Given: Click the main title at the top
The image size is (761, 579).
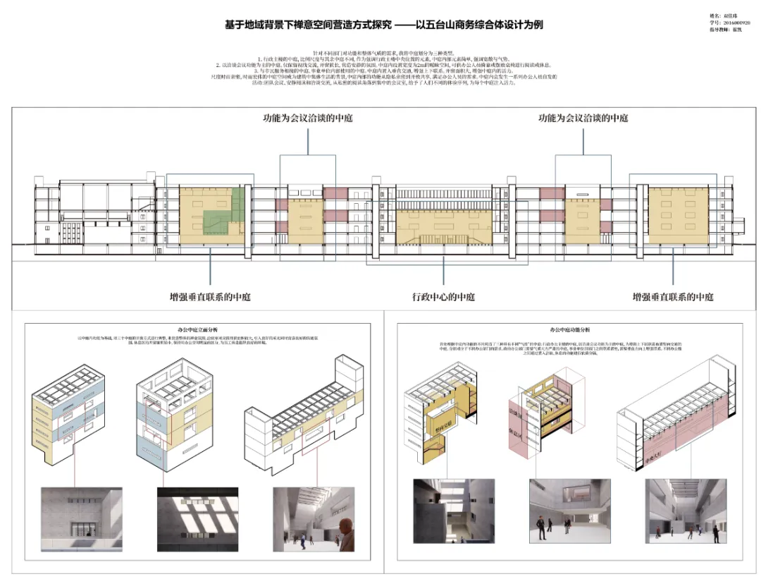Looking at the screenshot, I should tap(384, 25).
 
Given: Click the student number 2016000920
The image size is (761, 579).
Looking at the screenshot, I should tap(731, 23).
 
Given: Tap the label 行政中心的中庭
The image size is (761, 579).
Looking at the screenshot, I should tap(443, 296).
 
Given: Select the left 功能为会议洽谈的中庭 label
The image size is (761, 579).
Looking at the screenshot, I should tap(308, 118).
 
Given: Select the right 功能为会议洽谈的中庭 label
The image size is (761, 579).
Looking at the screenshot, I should tap(583, 118).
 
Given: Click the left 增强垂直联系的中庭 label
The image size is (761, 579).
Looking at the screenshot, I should tap(211, 296).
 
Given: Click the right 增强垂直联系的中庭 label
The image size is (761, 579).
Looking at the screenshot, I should tap(673, 296).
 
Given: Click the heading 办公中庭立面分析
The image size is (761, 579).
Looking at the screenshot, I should tap(196, 329).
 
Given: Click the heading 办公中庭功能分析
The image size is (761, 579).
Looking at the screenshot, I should tap(570, 329).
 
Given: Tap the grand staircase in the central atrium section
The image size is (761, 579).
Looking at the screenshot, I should tap(443, 233).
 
